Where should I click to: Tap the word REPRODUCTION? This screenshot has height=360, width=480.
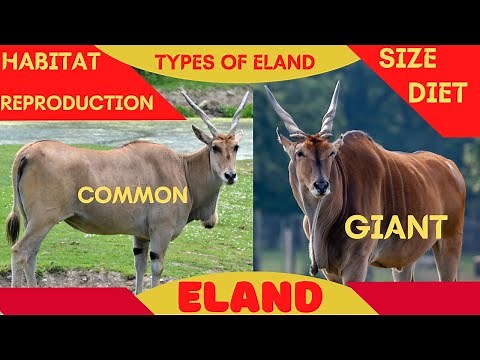point(77,102)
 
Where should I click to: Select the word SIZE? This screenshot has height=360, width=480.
point(406,59)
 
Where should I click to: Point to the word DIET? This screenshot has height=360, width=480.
point(438,93)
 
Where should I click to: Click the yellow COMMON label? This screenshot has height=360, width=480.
point(133,195)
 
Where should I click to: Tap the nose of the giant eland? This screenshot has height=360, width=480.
point(320,186)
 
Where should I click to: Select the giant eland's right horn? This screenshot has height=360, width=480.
point(331,107)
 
